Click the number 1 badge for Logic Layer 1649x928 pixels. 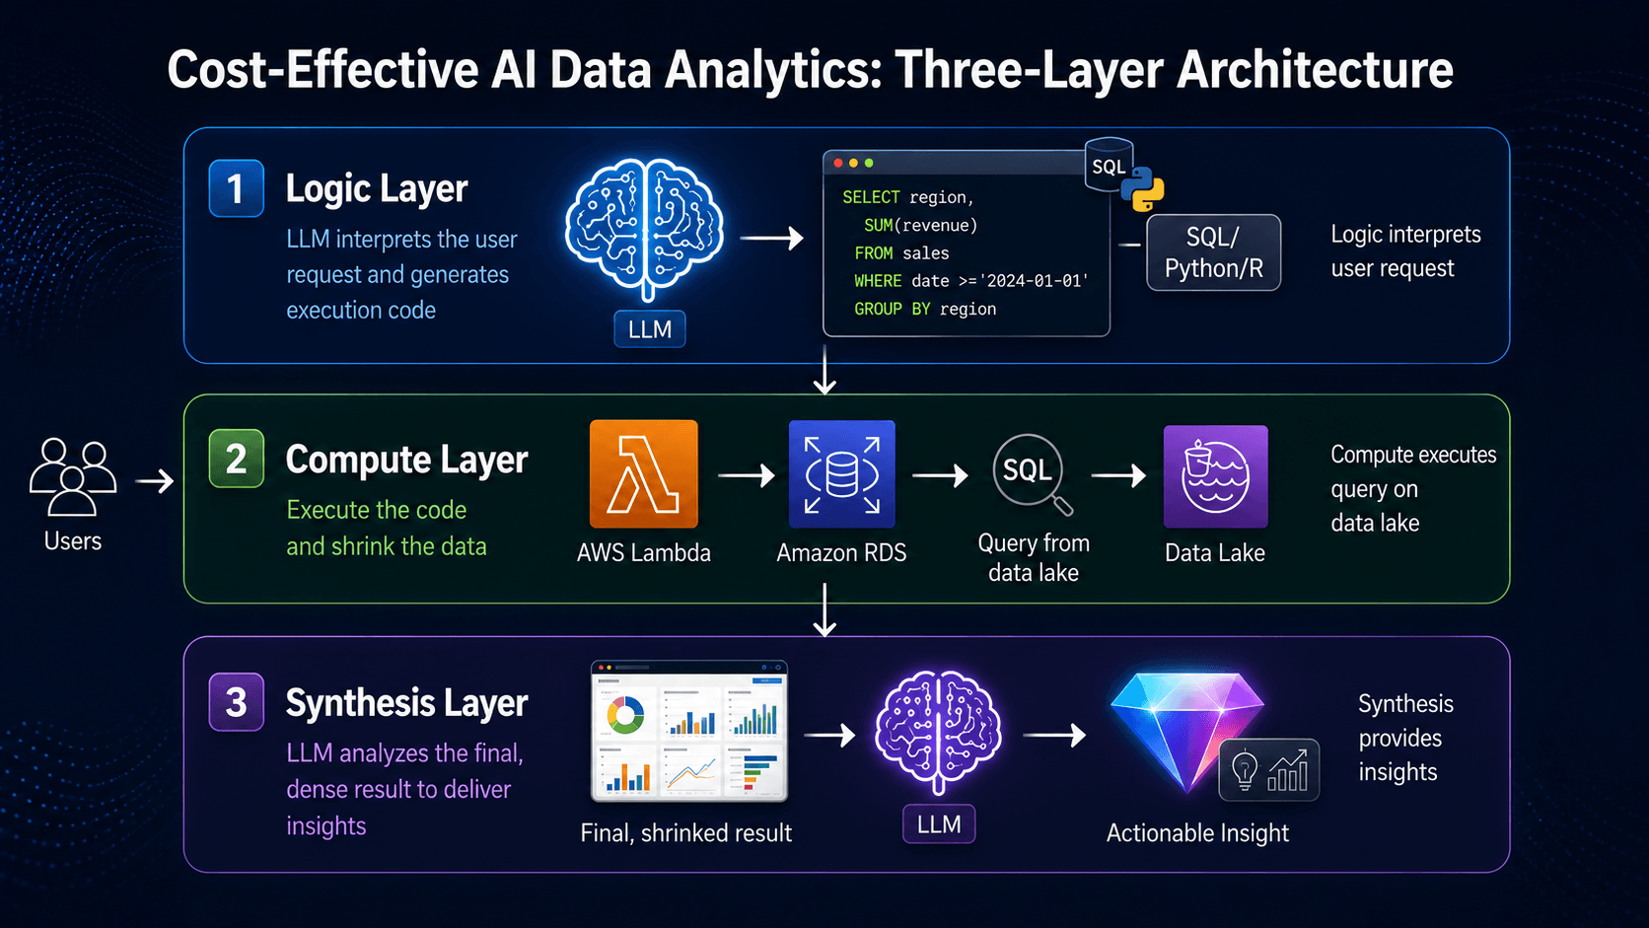click(236, 188)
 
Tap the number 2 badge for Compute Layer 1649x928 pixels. click(236, 459)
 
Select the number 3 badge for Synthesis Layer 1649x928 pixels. click(236, 702)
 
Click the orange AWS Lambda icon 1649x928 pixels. click(643, 474)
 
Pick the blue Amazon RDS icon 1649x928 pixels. click(841, 474)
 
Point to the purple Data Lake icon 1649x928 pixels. click(1215, 476)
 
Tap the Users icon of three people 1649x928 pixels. click(72, 477)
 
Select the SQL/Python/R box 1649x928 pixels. click(1214, 252)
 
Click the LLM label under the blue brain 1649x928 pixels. click(649, 329)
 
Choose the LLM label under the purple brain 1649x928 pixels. click(939, 824)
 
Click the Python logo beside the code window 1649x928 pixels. click(1142, 189)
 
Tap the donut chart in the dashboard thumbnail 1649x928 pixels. click(625, 715)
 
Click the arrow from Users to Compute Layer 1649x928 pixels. click(155, 481)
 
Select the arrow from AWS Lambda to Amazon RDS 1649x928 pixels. click(746, 475)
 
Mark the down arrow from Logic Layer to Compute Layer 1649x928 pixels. click(824, 370)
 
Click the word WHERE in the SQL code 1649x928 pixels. click(878, 281)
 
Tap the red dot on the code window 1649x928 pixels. click(837, 163)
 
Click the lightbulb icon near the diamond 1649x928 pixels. click(1244, 770)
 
